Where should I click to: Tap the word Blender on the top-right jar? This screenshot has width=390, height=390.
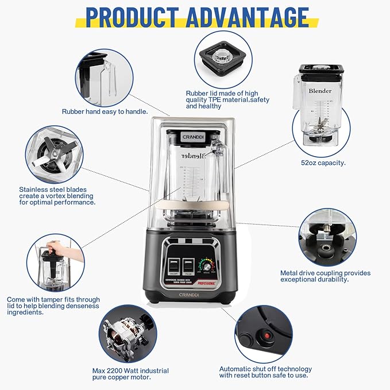[320, 91]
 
